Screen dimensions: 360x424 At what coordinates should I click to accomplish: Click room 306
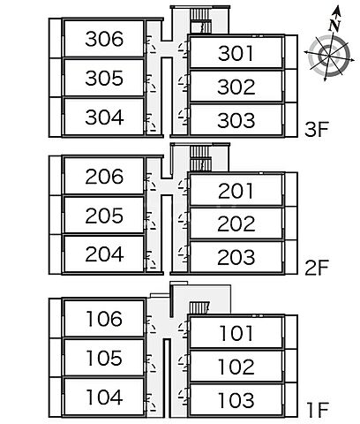(x=104, y=39)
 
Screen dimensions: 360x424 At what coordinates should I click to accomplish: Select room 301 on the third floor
(x=236, y=53)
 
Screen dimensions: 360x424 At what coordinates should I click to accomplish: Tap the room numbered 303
(x=236, y=120)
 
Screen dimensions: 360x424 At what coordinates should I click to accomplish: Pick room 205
(x=104, y=216)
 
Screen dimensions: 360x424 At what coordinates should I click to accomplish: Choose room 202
(x=236, y=223)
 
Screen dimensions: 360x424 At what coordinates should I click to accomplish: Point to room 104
(x=104, y=397)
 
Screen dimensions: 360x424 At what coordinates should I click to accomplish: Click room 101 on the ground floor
(x=236, y=333)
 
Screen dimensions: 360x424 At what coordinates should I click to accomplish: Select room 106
(x=104, y=318)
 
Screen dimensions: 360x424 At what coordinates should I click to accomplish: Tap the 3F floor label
(x=316, y=130)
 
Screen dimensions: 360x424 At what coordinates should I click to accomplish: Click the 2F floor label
(x=316, y=268)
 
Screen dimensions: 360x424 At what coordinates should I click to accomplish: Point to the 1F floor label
(x=317, y=410)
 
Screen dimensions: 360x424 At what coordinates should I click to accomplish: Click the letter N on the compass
(x=334, y=26)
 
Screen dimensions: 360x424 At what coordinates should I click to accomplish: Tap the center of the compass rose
(x=328, y=55)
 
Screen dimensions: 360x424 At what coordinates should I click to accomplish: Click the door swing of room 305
(x=151, y=83)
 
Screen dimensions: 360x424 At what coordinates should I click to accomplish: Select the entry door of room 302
(x=184, y=83)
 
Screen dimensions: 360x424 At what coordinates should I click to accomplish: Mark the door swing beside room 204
(x=151, y=260)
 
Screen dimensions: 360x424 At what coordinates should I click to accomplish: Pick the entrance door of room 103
(x=184, y=397)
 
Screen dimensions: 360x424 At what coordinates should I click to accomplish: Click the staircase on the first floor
(x=199, y=308)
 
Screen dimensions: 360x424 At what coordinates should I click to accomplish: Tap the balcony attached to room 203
(x=291, y=257)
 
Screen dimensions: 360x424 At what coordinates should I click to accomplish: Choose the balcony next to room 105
(x=56, y=358)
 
